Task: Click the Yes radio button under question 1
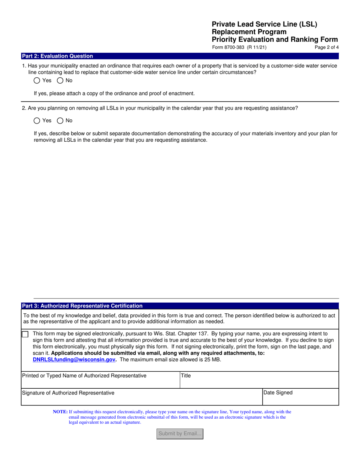pos(37,80)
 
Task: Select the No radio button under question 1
pos(60,80)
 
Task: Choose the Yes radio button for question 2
pos(37,120)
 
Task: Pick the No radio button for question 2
pos(60,120)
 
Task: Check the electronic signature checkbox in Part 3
pos(25,334)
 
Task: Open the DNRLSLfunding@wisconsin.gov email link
pos(74,360)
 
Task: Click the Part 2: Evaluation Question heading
pos(57,56)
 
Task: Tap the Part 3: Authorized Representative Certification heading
pos(82,306)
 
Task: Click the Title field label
pos(186,376)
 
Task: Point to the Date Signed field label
pos(278,393)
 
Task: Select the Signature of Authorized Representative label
pos(68,393)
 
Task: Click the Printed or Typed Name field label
pos(84,376)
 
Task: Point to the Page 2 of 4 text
pos(327,48)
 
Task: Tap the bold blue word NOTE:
pos(60,412)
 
